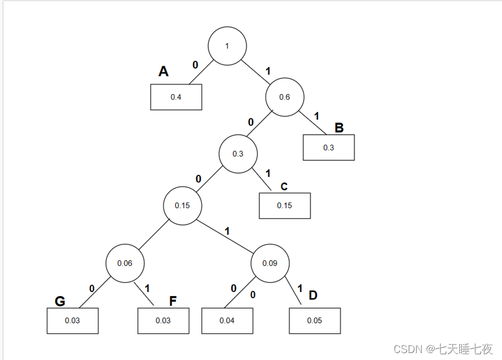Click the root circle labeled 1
(227, 45)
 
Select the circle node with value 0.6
(284, 97)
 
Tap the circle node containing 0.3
(238, 154)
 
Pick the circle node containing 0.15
(183, 206)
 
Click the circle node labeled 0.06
(125, 263)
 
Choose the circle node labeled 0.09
(270, 263)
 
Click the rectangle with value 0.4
(176, 97)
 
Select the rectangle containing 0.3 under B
(328, 147)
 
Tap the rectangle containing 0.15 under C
(284, 206)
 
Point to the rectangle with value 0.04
(227, 321)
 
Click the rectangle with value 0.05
(315, 321)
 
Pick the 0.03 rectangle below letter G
(73, 321)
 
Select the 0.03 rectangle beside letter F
(163, 321)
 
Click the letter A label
(164, 71)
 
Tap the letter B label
(339, 128)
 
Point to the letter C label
(284, 186)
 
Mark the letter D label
(313, 295)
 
